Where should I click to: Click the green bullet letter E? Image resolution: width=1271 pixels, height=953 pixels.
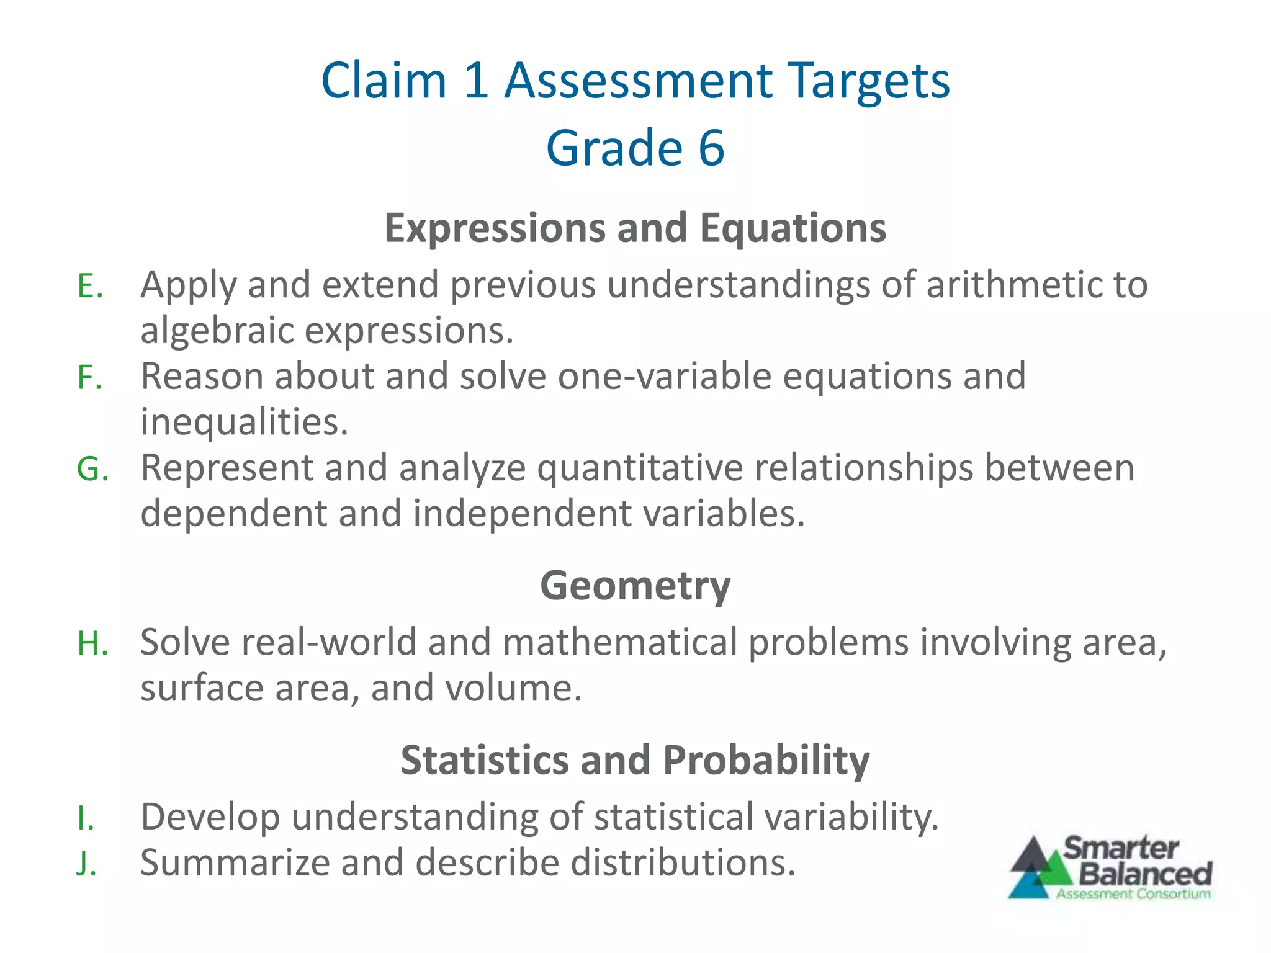(89, 287)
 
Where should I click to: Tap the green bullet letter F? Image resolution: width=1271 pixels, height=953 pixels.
(89, 378)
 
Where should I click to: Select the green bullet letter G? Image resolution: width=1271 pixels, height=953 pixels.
(92, 469)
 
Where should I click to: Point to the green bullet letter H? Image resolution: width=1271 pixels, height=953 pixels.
(92, 643)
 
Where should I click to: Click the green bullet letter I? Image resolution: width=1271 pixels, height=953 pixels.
(86, 818)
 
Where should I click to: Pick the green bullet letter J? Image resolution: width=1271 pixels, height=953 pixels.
(86, 864)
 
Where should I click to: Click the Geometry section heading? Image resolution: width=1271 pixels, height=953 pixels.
(635, 585)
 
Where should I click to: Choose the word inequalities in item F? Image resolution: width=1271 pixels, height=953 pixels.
(244, 422)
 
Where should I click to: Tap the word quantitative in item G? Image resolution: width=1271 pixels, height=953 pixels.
(639, 468)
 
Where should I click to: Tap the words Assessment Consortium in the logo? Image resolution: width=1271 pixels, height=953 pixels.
(1133, 894)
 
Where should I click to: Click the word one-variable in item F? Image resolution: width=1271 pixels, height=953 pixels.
(664, 376)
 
